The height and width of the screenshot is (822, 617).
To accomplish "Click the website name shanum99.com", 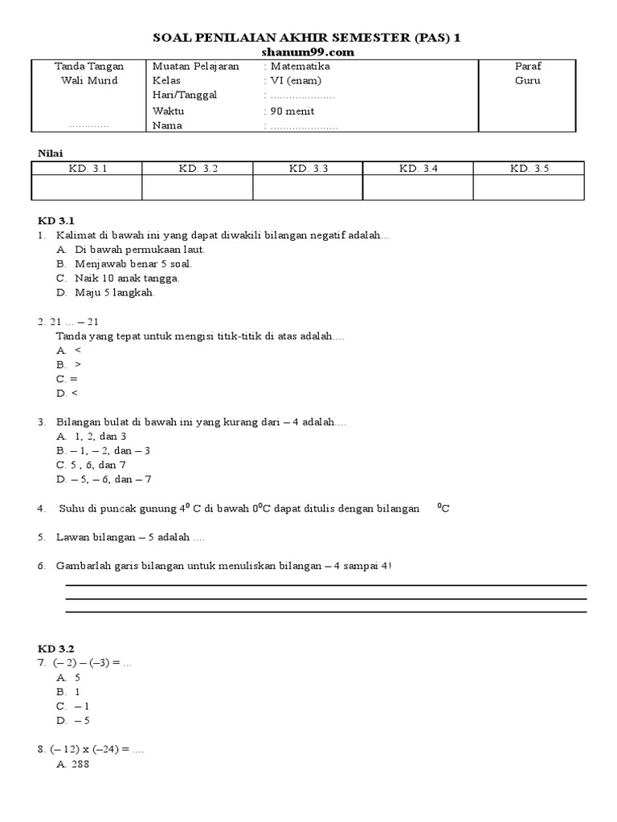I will coord(308,52).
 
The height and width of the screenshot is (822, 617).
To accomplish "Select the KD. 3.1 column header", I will coord(87,168).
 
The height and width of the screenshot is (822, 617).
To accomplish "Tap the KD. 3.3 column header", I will coord(308,168).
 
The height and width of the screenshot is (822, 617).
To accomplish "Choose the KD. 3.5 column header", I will coord(529,168).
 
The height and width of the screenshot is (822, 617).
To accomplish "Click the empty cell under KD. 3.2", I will coord(197,187).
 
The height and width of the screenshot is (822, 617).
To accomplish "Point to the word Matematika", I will coord(300,67).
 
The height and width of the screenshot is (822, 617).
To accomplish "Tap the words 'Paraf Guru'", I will coord(528,74).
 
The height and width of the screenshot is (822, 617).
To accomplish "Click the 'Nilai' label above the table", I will coord(51,153).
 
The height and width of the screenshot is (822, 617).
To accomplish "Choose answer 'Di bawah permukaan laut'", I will coord(140,250).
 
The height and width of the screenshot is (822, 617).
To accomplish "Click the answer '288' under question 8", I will coord(80,764).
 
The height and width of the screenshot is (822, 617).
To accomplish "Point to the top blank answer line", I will coord(325,586).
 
